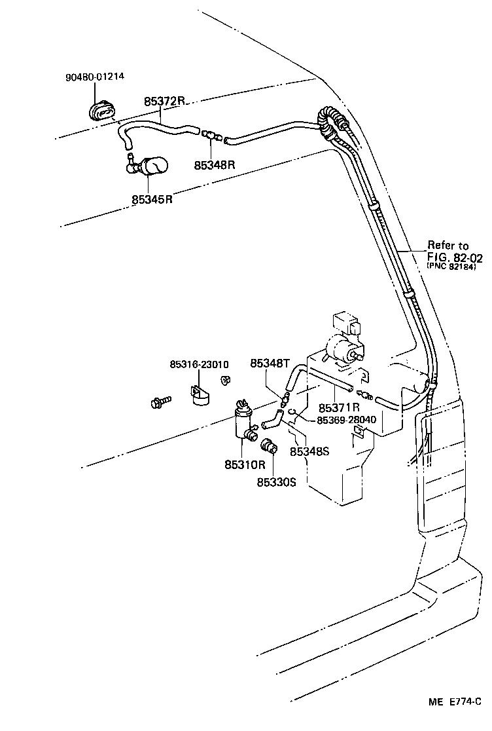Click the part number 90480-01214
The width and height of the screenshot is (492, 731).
point(95,77)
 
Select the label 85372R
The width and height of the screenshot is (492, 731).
point(165,102)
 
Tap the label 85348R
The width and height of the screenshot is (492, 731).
point(214,165)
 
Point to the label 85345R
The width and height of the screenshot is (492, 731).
point(152,198)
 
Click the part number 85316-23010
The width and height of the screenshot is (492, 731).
point(199,364)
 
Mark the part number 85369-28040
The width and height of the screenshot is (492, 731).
point(346,420)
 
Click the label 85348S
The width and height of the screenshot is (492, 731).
point(309,451)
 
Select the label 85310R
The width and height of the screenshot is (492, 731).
point(245,464)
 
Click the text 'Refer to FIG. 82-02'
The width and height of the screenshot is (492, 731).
point(448,251)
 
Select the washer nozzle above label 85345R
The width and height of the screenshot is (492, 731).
point(149,167)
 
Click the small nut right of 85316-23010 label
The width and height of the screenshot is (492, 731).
point(225,380)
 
